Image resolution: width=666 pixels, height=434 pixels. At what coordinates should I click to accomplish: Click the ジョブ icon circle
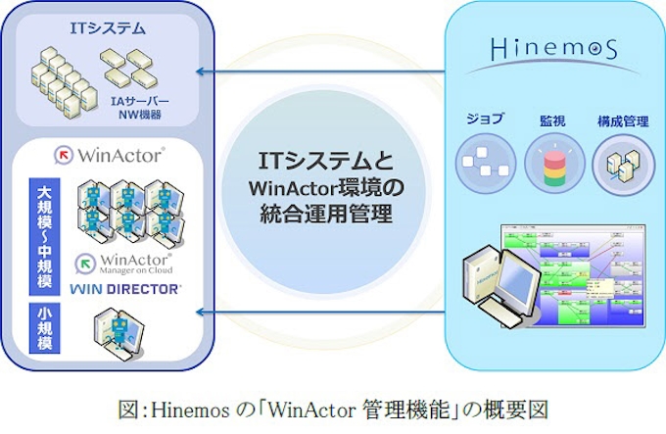pos(485,167)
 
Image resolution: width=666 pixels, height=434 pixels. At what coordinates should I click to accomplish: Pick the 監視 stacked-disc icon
pos(553,165)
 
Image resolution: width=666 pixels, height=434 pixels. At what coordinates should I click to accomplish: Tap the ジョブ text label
pos(485,120)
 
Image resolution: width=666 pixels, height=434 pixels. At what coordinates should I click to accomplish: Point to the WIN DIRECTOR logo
pos(124,289)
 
